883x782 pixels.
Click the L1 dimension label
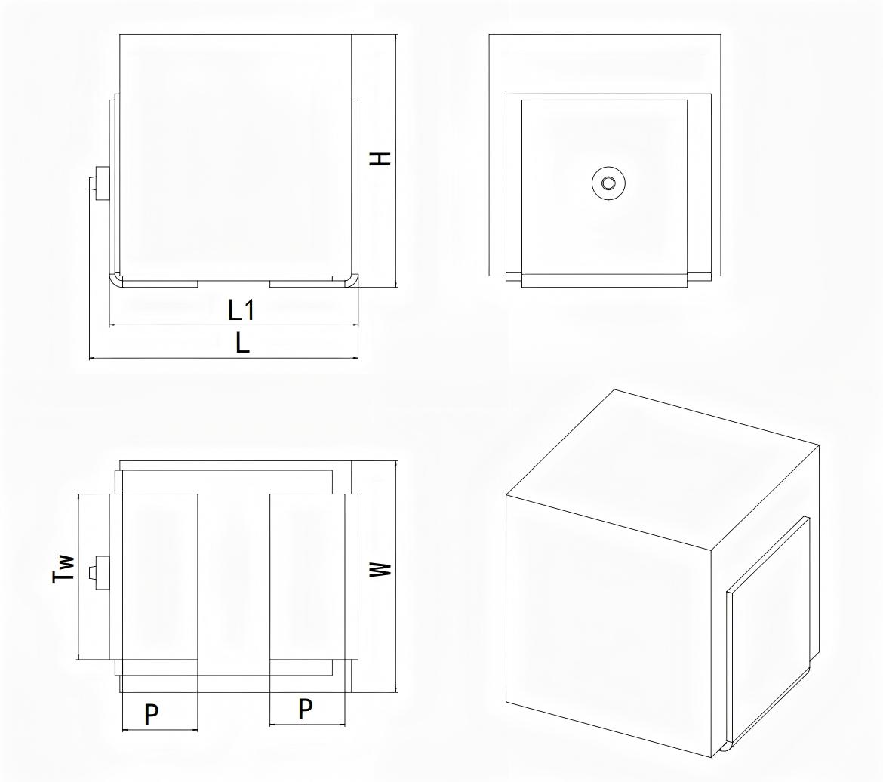point(241,310)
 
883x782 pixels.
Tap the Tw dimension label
point(63,568)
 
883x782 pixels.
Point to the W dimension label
point(380,569)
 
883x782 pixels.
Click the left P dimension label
point(152,713)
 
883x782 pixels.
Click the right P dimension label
point(305,709)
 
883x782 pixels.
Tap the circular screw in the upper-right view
point(609,183)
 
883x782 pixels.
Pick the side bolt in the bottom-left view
point(100,573)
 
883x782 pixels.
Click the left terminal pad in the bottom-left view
point(160,577)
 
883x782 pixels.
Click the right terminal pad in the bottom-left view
point(307,577)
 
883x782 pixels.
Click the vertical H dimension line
point(396,162)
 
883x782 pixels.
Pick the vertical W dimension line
point(396,577)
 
